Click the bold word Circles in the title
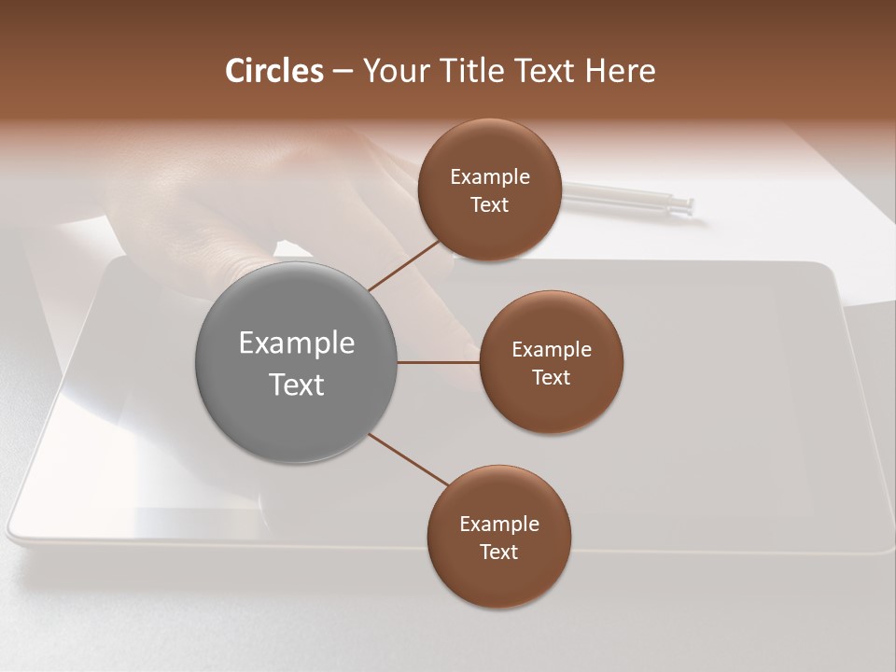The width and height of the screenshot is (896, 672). (x=273, y=71)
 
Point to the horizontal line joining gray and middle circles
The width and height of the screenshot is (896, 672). (x=438, y=362)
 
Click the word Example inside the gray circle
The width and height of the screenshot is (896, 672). (x=297, y=343)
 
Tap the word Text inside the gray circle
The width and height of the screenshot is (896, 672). (x=297, y=385)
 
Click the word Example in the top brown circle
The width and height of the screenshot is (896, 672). (x=490, y=177)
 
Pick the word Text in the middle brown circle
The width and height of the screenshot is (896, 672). (x=552, y=378)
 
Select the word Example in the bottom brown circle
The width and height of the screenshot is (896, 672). (x=499, y=525)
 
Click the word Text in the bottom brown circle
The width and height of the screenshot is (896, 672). (x=499, y=553)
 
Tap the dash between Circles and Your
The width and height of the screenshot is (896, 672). (x=343, y=72)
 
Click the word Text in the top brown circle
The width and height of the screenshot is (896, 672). (x=490, y=205)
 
